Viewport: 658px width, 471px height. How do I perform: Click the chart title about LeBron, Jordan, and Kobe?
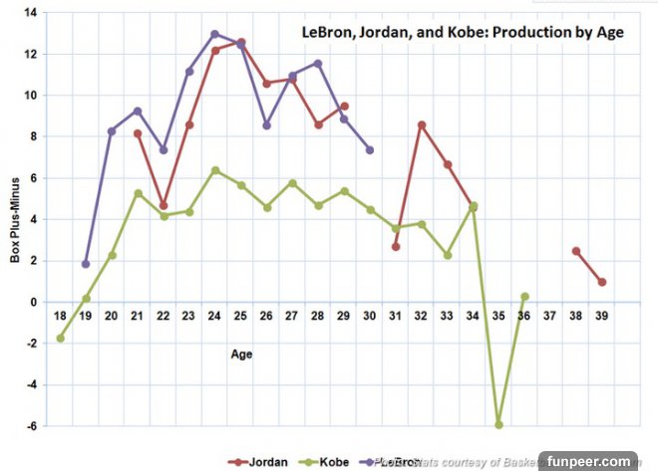coord(463,32)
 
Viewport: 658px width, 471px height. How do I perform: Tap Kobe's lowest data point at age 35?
coord(498,424)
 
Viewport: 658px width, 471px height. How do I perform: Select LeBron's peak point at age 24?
coord(214,34)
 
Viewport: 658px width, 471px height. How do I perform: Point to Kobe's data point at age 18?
coord(60,339)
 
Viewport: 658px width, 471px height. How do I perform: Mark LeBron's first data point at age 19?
coord(86,264)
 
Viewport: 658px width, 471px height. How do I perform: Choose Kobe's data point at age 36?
coord(524,297)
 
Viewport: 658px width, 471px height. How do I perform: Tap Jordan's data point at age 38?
coord(576,251)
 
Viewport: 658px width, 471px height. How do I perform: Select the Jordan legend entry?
coord(258,461)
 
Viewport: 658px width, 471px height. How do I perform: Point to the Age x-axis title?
coord(241,353)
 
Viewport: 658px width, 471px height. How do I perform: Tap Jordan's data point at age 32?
coord(422,124)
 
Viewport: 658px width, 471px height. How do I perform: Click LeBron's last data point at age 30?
coord(370,150)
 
